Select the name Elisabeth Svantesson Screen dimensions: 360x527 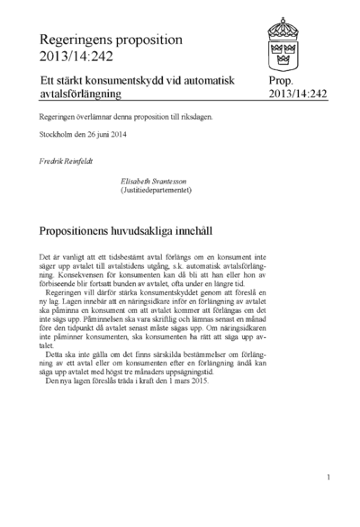[x=160, y=181]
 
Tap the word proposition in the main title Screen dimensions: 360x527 [x=149, y=40]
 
